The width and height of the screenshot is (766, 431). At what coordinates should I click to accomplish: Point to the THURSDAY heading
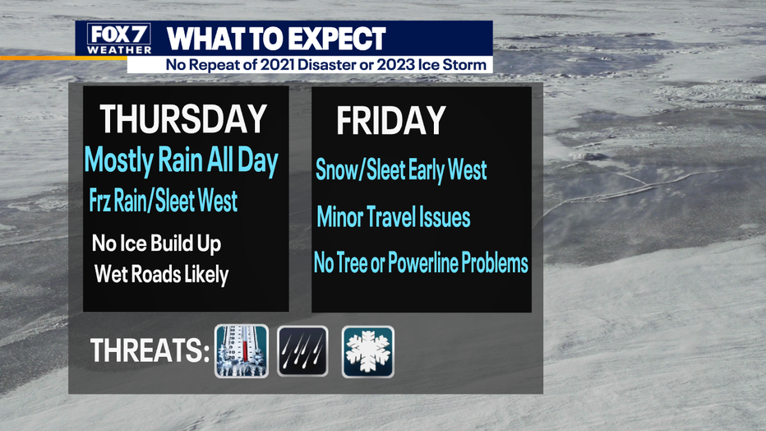point(183,119)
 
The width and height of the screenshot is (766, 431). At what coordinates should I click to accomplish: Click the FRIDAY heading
point(391,120)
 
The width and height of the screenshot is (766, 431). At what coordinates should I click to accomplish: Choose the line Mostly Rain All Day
point(181,160)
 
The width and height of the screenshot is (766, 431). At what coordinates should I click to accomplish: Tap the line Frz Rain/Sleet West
point(164,201)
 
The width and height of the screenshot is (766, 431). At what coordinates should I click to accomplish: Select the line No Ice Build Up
point(156,243)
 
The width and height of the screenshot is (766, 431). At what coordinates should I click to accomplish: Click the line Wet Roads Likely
point(161,274)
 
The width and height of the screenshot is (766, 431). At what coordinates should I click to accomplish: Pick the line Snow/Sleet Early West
point(401,170)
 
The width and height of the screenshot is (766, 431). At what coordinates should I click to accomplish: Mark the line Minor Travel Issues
point(393,217)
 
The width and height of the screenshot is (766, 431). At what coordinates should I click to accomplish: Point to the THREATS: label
point(150,350)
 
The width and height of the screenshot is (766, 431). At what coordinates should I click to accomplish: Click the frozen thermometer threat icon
point(242,351)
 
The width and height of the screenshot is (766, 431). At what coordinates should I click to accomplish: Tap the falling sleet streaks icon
point(303,351)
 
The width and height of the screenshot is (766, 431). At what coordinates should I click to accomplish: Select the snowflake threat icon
point(368,352)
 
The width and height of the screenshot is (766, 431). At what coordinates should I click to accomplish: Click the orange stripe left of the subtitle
point(63,58)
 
